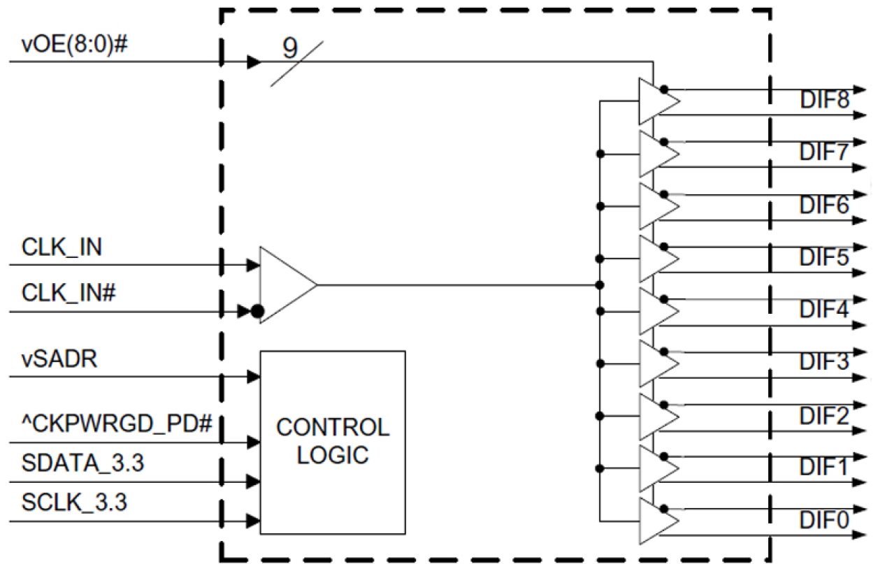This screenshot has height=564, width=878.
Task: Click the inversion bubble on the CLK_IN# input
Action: click(257, 311)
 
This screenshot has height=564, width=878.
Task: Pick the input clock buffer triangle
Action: click(283, 284)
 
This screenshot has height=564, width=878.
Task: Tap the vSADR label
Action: click(49, 361)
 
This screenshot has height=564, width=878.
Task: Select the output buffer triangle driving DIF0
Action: click(656, 521)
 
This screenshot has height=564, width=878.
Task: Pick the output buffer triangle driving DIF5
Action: click(656, 258)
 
